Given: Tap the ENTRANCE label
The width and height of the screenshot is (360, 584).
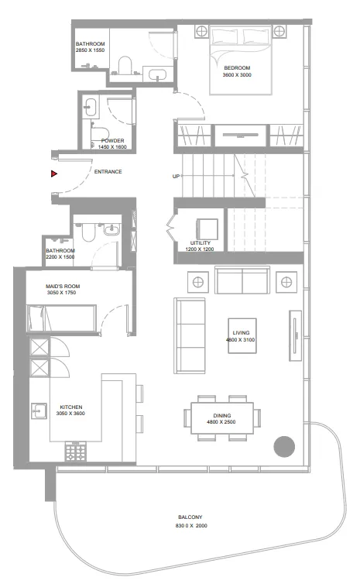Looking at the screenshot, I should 108,172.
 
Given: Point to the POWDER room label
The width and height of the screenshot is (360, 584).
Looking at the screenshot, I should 113,140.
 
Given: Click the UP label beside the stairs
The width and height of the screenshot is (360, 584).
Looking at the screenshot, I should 176,177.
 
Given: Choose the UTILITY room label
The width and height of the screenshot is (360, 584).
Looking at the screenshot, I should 200,243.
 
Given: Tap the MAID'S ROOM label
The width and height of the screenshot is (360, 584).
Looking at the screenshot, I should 63,287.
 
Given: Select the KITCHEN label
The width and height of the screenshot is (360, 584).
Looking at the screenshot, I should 71,407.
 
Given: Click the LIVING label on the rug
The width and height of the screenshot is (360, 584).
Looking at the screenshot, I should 246,333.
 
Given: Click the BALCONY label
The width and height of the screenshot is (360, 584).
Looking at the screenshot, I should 190,518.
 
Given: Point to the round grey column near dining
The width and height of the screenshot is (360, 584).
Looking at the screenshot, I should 285,445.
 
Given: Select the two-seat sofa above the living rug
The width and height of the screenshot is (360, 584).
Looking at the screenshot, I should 242,281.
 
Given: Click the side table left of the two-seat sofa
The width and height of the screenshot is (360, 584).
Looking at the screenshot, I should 198,281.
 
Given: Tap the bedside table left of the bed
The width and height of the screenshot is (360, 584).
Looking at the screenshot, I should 201,32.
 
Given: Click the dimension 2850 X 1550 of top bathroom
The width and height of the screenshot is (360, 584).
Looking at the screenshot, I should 91,50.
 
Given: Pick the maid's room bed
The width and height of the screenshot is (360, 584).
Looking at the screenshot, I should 62,318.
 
